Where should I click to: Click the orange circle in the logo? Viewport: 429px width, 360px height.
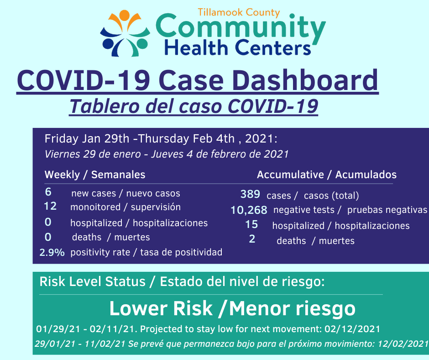pos(124,15)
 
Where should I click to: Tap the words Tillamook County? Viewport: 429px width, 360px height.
pos(239,13)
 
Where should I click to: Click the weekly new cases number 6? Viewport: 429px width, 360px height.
pos(48,192)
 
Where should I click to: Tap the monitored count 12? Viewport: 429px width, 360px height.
pos(50,206)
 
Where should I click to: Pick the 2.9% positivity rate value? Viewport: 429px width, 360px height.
pos(52,252)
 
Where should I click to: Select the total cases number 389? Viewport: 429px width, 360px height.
pos(250,194)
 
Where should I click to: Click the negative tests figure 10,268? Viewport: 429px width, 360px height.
pos(249,210)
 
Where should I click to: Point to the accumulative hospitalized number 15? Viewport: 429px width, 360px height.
pos(251,224)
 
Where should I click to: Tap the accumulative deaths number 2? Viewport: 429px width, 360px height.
pos(252,239)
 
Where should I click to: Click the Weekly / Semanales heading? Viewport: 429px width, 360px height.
pos(95,175)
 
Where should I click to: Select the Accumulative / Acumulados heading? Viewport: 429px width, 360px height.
pos(327,175)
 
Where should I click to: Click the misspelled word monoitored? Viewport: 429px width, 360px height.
pos(95,207)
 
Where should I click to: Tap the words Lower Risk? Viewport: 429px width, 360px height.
pos(161,308)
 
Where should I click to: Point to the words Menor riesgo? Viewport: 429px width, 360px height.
pos(292,309)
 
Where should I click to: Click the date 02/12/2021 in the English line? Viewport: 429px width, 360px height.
pos(352,329)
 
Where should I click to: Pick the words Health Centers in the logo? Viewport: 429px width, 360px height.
pos(237,48)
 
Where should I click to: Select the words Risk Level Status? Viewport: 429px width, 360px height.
pos(93,281)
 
